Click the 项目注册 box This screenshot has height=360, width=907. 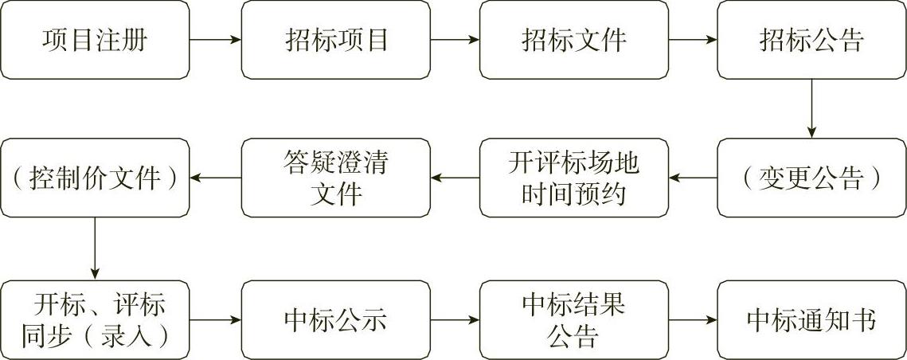pyautogui.click(x=95, y=40)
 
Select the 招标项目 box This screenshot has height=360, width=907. pyautogui.click(x=336, y=40)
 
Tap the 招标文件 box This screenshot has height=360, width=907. pyautogui.click(x=574, y=40)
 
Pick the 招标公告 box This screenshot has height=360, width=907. pyautogui.click(x=811, y=40)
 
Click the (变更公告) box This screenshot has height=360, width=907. pyautogui.click(x=811, y=178)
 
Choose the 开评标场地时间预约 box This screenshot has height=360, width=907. pyautogui.click(x=574, y=178)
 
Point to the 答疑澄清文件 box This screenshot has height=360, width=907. pyautogui.click(x=336, y=178)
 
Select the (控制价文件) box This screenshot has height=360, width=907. pyautogui.click(x=95, y=178)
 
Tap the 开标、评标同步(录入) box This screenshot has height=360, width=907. pyautogui.click(x=95, y=320)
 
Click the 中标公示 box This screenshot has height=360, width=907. pyautogui.click(x=336, y=320)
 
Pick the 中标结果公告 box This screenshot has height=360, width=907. pyautogui.click(x=574, y=320)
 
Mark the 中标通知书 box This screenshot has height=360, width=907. pyautogui.click(x=811, y=320)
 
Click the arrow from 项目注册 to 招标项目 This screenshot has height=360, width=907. pyautogui.click(x=215, y=40)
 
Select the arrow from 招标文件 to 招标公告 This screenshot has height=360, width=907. pyautogui.click(x=693, y=40)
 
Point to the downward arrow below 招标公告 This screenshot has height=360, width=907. pyautogui.click(x=811, y=109)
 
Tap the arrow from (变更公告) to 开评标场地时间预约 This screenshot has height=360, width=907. pyautogui.click(x=693, y=178)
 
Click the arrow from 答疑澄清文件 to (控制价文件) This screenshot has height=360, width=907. pyautogui.click(x=215, y=178)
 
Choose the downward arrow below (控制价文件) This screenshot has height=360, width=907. pyautogui.click(x=95, y=248)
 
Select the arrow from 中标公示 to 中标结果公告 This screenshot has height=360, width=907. pyautogui.click(x=455, y=320)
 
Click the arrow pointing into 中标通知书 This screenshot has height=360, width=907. pyautogui.click(x=693, y=320)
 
